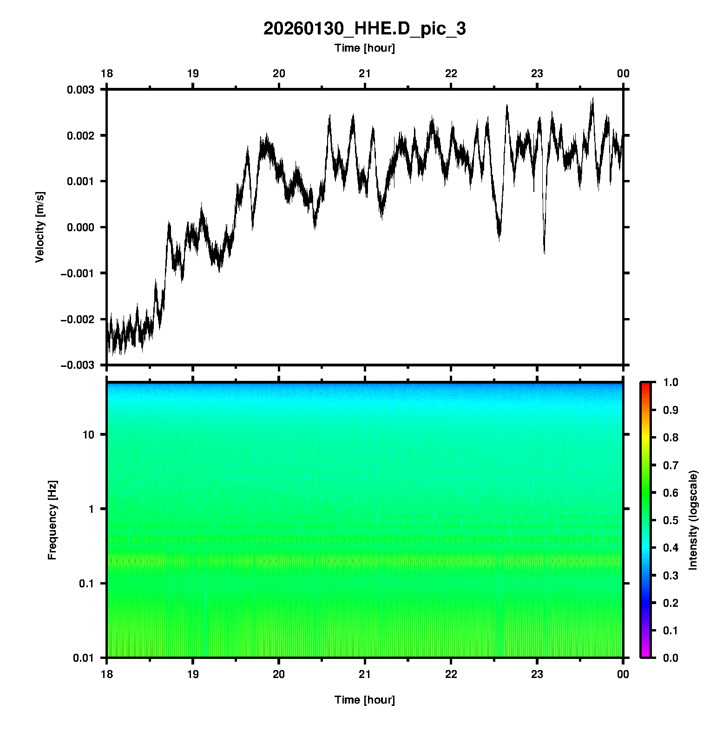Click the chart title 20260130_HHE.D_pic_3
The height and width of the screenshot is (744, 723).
(x=364, y=29)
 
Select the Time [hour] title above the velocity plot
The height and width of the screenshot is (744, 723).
(x=364, y=48)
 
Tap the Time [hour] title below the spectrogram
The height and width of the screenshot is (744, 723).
(x=364, y=700)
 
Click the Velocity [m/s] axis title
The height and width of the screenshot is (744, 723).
(x=40, y=227)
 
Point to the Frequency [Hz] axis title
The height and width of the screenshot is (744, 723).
(x=52, y=520)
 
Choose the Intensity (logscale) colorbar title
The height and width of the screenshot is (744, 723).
(x=693, y=520)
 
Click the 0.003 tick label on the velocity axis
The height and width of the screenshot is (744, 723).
(x=80, y=90)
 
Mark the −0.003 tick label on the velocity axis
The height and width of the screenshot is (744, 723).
(x=77, y=365)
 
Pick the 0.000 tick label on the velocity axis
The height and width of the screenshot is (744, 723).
(x=80, y=227)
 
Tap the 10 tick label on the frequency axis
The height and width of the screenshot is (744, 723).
(x=88, y=435)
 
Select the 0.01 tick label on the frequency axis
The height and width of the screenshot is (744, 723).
(x=84, y=658)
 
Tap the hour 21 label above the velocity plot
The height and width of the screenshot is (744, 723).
(x=365, y=73)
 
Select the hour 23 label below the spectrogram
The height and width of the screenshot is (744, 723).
(x=537, y=674)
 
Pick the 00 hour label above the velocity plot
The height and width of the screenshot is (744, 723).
(x=623, y=73)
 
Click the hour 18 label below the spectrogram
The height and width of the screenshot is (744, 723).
(x=107, y=674)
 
